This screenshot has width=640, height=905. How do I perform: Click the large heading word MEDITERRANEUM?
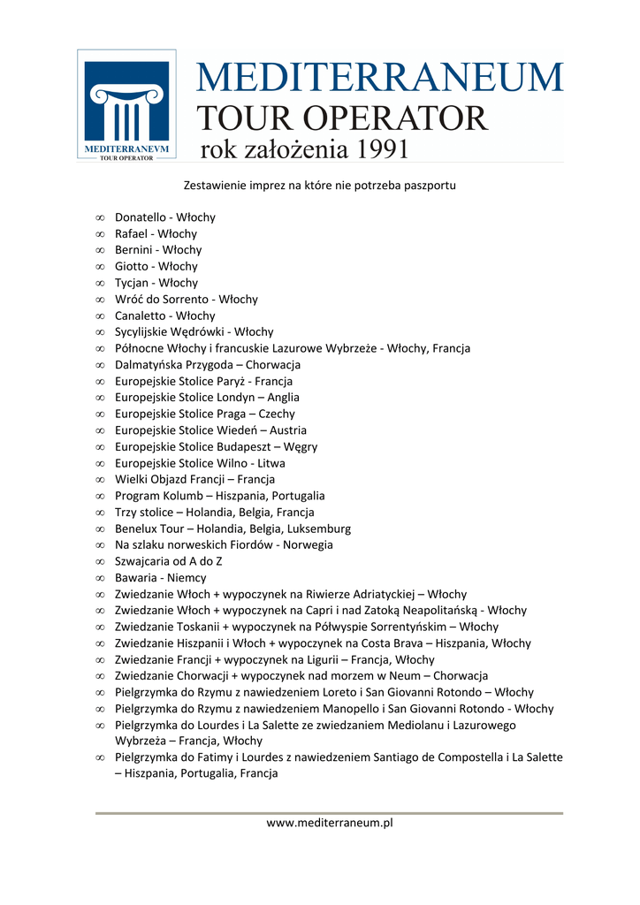(x=379, y=77)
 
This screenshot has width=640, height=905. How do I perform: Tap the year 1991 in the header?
(x=384, y=148)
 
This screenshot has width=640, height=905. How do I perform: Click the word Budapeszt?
(x=242, y=447)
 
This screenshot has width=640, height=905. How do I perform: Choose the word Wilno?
(x=232, y=463)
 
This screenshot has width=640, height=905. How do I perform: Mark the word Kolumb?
(x=185, y=496)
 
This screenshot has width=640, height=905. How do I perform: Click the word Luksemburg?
(x=314, y=529)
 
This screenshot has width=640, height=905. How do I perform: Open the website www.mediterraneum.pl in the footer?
(x=330, y=823)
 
